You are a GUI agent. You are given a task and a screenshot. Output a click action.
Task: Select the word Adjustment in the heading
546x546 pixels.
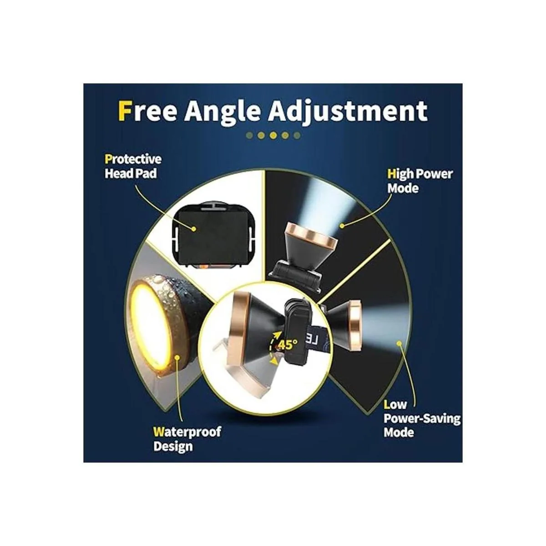point(348,112)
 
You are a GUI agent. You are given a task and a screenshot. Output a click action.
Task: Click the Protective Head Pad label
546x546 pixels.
point(133,167)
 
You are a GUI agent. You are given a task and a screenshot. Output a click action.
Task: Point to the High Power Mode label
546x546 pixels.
point(420,181)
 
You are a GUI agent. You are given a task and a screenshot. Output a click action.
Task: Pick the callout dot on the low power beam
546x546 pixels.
point(399,344)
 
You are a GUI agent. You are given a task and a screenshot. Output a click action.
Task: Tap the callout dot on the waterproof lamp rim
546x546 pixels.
point(177,357)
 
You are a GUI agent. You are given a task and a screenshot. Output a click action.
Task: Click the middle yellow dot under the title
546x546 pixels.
point(273,136)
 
